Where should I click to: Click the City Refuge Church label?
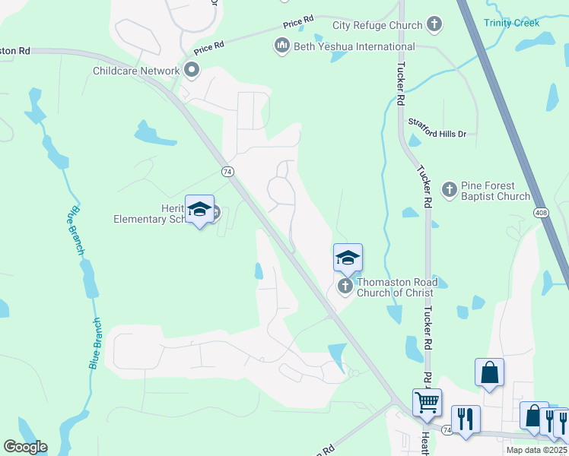(377, 25)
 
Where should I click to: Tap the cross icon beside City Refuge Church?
(434, 25)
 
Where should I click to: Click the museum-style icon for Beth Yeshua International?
(282, 47)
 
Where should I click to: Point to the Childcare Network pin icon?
(191, 71)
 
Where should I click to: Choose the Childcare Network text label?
(136, 71)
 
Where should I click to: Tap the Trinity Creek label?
(513, 23)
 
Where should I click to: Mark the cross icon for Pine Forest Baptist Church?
(449, 189)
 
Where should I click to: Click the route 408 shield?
(540, 212)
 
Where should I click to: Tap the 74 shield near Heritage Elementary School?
(227, 172)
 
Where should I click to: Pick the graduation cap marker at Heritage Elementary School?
(199, 211)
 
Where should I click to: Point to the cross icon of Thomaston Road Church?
(345, 287)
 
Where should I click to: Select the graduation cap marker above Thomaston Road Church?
(348, 258)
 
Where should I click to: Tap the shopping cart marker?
(427, 401)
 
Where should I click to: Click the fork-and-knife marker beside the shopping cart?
(465, 419)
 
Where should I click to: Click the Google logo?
(25, 447)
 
